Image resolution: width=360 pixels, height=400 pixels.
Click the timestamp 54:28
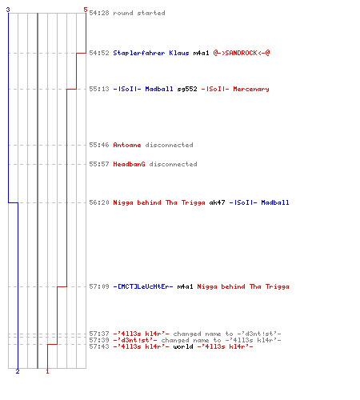[99, 13]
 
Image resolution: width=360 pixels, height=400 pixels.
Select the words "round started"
[139, 13]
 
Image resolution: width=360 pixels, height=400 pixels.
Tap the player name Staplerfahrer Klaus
[151, 53]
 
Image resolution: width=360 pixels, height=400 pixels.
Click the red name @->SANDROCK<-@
[242, 53]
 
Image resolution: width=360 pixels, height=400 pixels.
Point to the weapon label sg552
[187, 89]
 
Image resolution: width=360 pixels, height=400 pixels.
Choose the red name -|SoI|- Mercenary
[235, 89]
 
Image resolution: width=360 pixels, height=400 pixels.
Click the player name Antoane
[127, 145]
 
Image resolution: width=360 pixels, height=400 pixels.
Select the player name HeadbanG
[129, 164]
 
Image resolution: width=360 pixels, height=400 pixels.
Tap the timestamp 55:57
[99, 164]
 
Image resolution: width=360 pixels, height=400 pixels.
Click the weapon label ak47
[217, 202]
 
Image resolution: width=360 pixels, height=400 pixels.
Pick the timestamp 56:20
[99, 202]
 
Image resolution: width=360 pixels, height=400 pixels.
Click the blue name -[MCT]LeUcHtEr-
[143, 286]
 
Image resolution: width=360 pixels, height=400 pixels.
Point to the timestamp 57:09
[99, 286]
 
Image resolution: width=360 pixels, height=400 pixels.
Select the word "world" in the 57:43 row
[183, 346]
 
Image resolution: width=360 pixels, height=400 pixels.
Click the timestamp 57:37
[99, 334]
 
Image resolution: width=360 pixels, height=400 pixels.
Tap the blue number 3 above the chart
[8, 10]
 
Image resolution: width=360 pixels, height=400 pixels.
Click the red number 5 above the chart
[86, 10]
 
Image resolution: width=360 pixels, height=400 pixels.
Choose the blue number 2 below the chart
[18, 371]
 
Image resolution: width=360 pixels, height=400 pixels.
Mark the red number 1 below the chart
[47, 371]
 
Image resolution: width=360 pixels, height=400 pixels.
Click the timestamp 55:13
[99, 89]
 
